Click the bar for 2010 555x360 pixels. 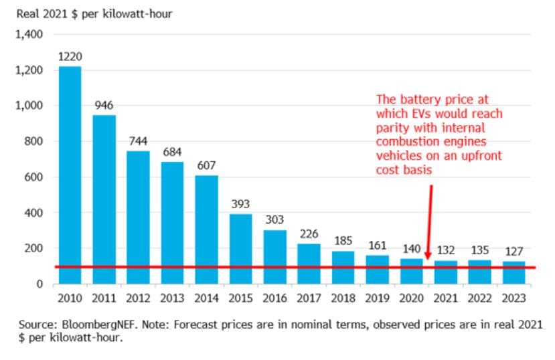tap(70, 175)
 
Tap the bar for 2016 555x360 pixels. tap(275, 257)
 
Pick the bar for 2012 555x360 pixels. tap(138, 217)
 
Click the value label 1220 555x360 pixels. tap(70, 58)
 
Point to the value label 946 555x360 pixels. tap(104, 106)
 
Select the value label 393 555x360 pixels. tap(240, 204)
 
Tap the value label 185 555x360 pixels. tap(343, 240)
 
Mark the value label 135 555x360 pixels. tap(480, 250)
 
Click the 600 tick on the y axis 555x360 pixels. tap(33, 177)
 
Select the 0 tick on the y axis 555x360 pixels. tap(39, 284)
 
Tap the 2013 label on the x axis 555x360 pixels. tap(172, 297)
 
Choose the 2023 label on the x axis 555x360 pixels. tap(514, 297)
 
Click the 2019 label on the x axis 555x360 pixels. tap(378, 297)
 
